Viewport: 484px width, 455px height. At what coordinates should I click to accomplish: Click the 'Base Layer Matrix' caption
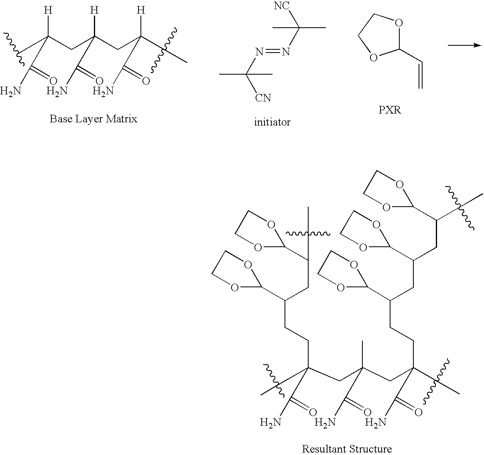tap(94, 119)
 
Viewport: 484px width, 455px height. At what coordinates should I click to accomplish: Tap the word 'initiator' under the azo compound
tap(272, 122)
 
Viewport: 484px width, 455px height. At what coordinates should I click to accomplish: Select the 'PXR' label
tap(390, 110)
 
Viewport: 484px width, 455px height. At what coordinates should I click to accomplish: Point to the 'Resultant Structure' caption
tap(347, 449)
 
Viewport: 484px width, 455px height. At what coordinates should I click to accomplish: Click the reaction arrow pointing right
tap(465, 45)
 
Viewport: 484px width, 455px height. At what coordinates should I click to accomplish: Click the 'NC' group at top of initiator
tap(282, 6)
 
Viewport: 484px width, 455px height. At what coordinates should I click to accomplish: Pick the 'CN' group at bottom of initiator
tap(263, 98)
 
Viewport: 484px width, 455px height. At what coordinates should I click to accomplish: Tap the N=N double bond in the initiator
tap(273, 51)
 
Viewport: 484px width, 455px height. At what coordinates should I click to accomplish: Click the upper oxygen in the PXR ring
tap(399, 23)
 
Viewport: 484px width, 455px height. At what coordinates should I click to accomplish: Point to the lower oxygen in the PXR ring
tap(373, 58)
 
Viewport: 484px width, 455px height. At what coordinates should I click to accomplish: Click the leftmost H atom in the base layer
tap(48, 10)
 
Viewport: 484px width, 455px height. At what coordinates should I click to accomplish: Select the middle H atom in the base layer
tap(94, 10)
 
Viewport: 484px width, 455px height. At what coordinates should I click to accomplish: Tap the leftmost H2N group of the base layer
tap(10, 91)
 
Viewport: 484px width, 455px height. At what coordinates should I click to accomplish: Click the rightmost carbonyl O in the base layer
tap(146, 81)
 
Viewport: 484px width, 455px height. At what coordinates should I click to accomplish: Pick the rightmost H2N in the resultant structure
tap(376, 422)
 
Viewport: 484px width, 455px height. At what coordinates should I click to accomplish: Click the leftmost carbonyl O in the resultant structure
tap(313, 412)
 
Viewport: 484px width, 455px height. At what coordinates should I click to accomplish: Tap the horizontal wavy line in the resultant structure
tap(308, 234)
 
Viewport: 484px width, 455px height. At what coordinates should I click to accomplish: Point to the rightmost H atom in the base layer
tap(141, 10)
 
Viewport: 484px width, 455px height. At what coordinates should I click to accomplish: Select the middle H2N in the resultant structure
tap(325, 422)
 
